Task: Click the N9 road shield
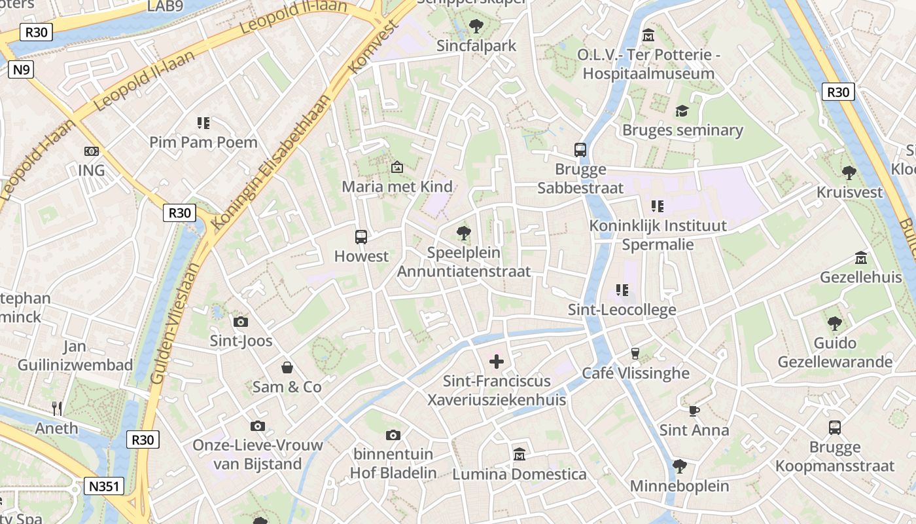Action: (20, 69)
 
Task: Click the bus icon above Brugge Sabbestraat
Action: (580, 149)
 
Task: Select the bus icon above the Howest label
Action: (361, 236)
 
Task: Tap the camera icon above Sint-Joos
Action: (241, 322)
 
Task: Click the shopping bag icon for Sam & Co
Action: (287, 367)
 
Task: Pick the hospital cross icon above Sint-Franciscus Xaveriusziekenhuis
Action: (497, 361)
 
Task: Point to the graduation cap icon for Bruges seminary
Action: (682, 110)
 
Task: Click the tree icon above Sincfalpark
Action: (476, 26)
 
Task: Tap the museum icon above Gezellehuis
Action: (861, 258)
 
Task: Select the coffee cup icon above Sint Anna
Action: (694, 411)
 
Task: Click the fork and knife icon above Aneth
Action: (57, 409)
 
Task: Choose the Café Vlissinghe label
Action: (636, 373)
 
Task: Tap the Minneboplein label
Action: (679, 486)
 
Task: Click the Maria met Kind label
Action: (397, 187)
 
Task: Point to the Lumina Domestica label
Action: (520, 474)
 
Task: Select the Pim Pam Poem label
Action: (203, 142)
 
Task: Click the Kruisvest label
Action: (849, 193)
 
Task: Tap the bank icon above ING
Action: (92, 151)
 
